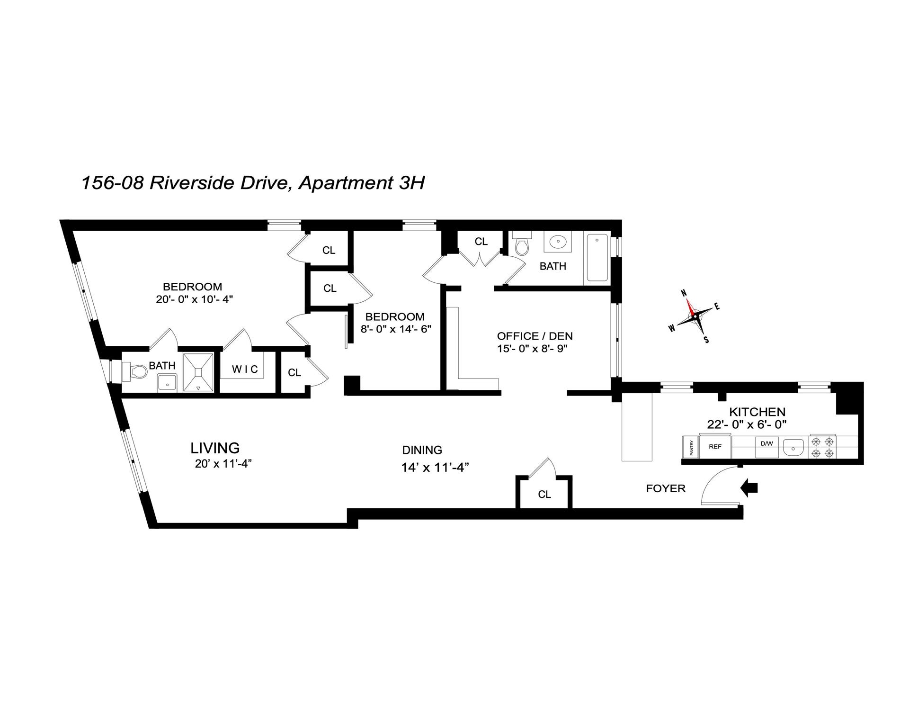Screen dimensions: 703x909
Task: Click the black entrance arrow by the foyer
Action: point(749,487)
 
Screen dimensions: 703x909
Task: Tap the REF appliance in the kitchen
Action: point(715,447)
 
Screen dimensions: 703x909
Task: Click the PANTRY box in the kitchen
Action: point(691,447)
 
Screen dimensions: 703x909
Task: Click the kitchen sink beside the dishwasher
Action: point(793,447)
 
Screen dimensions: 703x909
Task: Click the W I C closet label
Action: point(245,369)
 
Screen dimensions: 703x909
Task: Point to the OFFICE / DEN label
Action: point(535,336)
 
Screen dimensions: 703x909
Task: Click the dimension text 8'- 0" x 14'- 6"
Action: point(395,329)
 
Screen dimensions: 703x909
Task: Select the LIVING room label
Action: point(215,448)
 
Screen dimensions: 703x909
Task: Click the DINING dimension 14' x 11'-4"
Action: point(435,468)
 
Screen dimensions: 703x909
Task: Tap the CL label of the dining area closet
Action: point(544,495)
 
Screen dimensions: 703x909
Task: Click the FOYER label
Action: point(665,488)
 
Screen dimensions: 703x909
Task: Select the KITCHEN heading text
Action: point(757,412)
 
